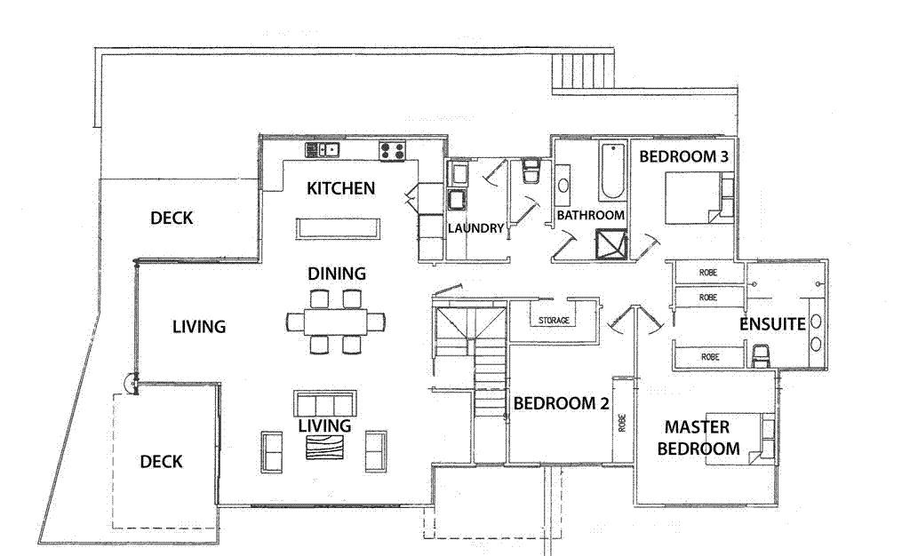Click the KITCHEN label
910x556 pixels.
click(x=340, y=188)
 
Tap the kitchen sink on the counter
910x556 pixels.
click(x=323, y=149)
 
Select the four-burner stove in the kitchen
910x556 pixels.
click(x=392, y=150)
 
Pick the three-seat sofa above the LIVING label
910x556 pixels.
click(x=324, y=403)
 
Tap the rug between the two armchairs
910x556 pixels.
click(x=324, y=448)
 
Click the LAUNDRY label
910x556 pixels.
click(x=475, y=228)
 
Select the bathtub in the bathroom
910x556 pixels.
click(x=611, y=171)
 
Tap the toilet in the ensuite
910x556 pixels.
click(x=761, y=356)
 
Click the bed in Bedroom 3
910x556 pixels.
click(x=693, y=197)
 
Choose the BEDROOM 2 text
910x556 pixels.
click(x=561, y=403)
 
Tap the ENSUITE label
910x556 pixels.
click(x=772, y=325)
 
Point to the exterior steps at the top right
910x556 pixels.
click(x=582, y=71)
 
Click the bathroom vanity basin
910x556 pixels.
click(x=563, y=187)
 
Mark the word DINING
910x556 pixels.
click(x=337, y=273)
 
